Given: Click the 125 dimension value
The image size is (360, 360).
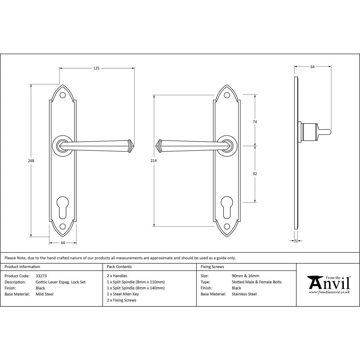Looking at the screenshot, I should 96,68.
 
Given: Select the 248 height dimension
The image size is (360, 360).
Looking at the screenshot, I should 31,161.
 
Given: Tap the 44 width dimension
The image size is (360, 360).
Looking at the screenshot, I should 63,243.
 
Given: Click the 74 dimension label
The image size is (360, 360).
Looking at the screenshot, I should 255,122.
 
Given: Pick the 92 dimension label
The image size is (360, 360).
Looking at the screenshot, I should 255,174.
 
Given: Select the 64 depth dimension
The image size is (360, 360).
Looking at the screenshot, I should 312,67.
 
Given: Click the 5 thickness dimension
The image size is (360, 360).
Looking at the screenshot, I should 296,241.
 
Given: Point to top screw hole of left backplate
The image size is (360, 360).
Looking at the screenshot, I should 63,95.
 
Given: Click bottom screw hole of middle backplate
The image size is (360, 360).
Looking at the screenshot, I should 226,226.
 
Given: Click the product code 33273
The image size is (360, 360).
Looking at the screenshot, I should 41,276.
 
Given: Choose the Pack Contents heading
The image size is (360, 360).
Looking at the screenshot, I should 119,267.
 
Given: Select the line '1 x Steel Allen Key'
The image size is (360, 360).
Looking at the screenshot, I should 123,294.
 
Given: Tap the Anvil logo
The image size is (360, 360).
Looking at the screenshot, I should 328,284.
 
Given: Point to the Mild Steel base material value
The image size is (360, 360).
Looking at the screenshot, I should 45,294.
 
